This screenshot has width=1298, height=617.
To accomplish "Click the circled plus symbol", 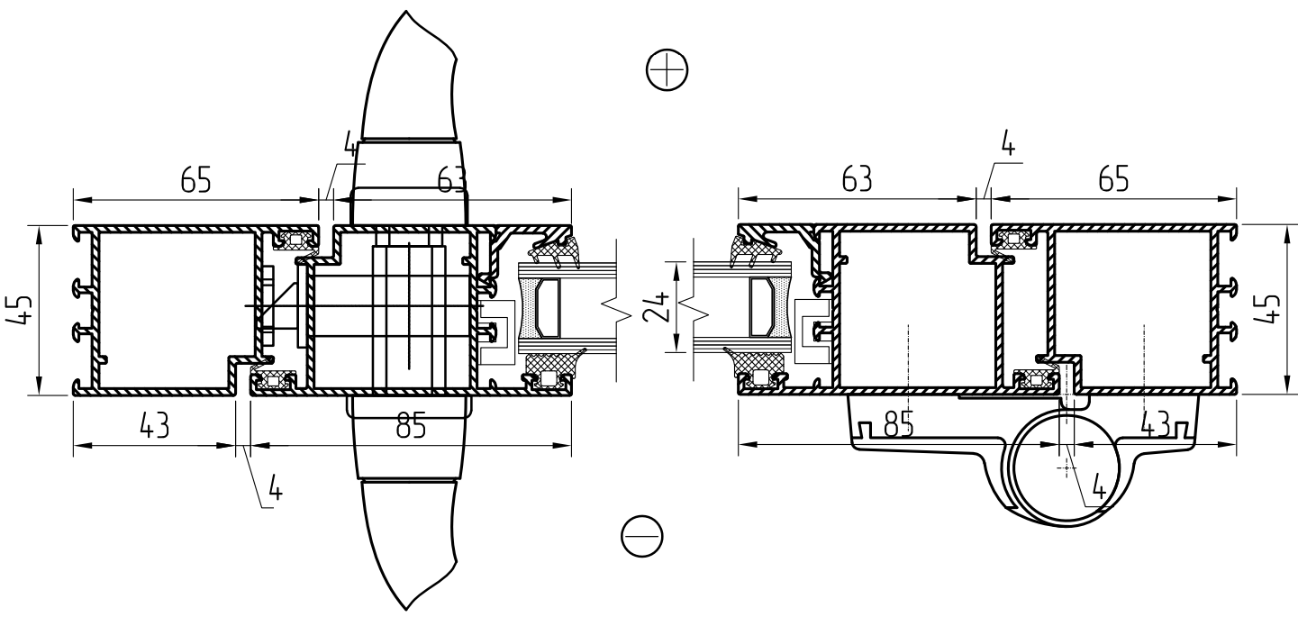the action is coord(667,70).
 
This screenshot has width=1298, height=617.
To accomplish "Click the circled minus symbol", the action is coord(642,536).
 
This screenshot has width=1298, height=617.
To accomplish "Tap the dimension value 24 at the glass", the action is coord(657,306).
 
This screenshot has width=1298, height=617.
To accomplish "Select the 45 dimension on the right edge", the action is coord(1268,308).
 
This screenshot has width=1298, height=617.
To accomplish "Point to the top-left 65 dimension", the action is coord(195,179).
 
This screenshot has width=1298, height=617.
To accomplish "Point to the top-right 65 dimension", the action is coord(1113,179).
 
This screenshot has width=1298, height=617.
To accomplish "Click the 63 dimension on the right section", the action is coord(857,179).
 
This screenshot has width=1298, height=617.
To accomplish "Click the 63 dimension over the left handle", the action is coord(452,179).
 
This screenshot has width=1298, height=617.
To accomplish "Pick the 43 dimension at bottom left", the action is coord(154,426).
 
